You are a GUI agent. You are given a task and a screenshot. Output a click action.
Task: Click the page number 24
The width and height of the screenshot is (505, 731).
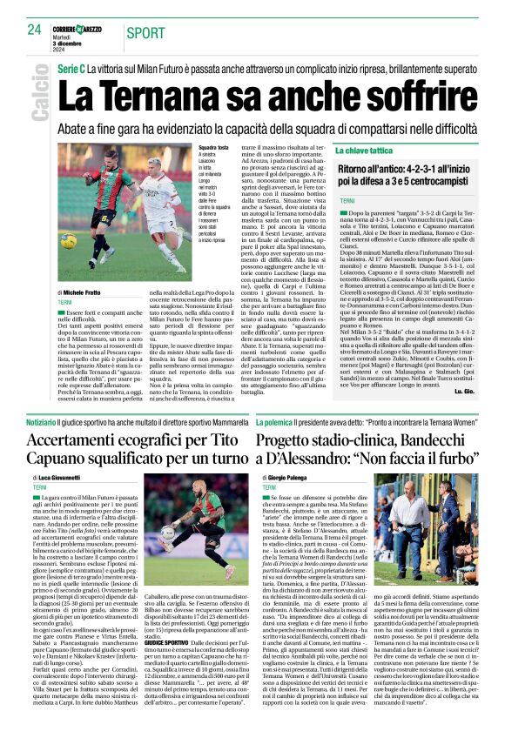tap(34, 30)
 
